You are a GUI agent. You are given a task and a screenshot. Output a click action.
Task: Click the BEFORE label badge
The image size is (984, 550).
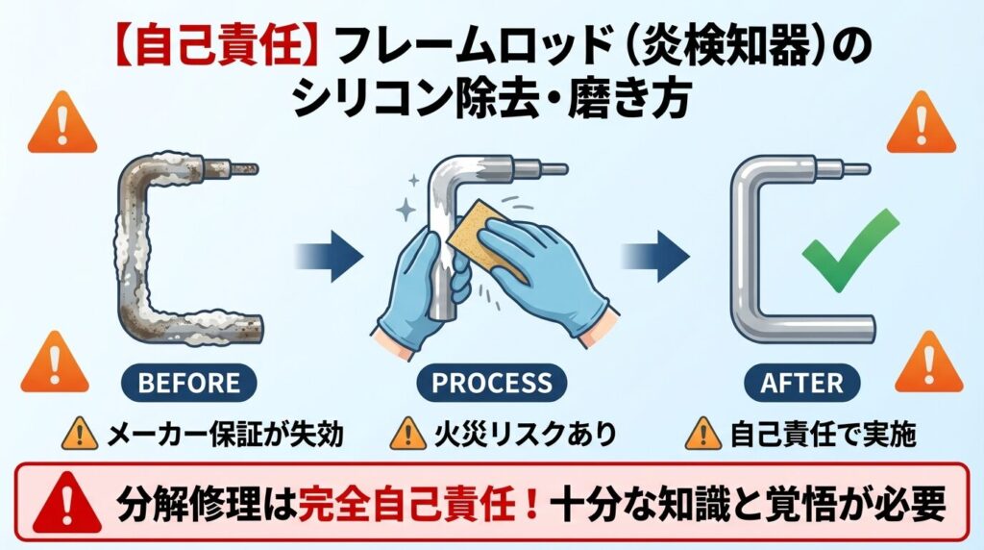tap(188, 383)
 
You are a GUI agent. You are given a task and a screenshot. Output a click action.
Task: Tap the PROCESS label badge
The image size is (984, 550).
tap(492, 383)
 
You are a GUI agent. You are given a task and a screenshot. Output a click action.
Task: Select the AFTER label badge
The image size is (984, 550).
tap(801, 383)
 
